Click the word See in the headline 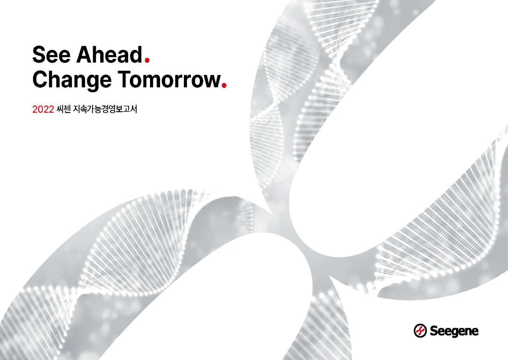pyautogui.click(x=51, y=55)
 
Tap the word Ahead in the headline pyautogui.click(x=109, y=55)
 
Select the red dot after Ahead pyautogui.click(x=147, y=60)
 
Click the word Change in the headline pyautogui.click(x=72, y=80)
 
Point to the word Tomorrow pyautogui.click(x=169, y=79)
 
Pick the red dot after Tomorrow pyautogui.click(x=224, y=85)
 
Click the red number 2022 pyautogui.click(x=43, y=109)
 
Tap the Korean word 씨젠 pyautogui.click(x=64, y=109)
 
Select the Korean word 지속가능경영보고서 pyautogui.click(x=105, y=109)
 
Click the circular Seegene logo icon pyautogui.click(x=420, y=330)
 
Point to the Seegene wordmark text pyautogui.click(x=454, y=331)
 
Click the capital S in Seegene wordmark pyautogui.click(x=434, y=331)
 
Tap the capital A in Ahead pyautogui.click(x=85, y=55)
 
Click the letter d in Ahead pyautogui.click(x=136, y=55)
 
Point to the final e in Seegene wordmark pyautogui.click(x=474, y=332)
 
